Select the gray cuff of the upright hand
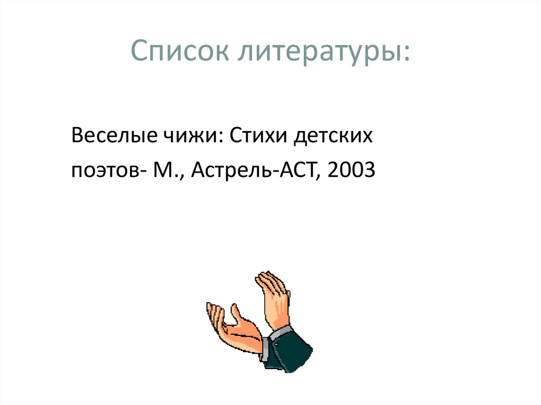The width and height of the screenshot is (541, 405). tap(279, 333)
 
